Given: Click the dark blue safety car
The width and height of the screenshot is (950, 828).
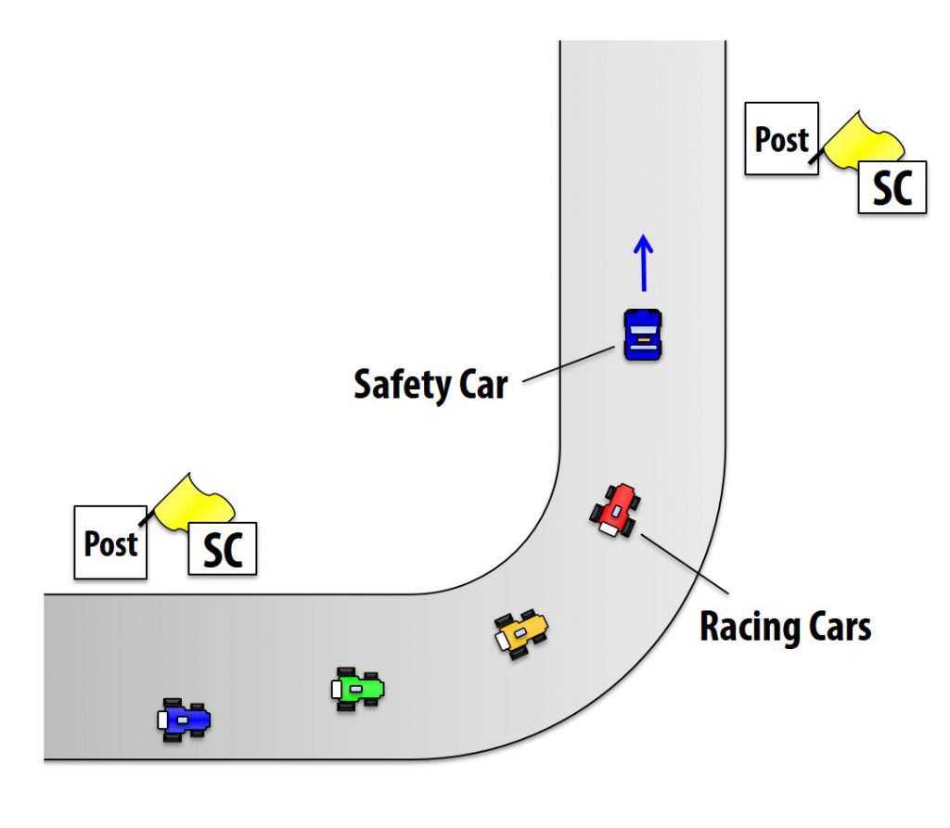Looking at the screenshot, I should point(642,335).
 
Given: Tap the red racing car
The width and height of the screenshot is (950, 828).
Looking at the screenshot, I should point(616,509).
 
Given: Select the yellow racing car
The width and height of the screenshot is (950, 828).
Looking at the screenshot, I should point(520,633).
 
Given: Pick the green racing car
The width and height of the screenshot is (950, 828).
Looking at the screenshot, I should point(358,689).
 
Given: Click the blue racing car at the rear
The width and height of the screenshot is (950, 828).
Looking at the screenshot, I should point(184,720).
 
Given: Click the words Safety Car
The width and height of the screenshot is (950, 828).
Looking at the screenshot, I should point(430,384).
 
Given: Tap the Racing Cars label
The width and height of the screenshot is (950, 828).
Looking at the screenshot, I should point(785,627).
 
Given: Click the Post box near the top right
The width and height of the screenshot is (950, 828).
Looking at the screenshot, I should point(781,140).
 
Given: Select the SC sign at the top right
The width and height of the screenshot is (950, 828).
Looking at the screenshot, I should point(892,187).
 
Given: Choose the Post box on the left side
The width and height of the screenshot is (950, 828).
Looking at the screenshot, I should point(110,543).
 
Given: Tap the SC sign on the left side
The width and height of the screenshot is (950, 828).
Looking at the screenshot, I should point(223,549).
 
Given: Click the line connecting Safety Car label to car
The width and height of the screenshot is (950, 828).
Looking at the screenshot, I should point(568,363).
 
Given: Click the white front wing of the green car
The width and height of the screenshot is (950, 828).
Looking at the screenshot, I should point(336,689).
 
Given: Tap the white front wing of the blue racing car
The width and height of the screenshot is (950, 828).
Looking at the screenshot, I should point(162,720).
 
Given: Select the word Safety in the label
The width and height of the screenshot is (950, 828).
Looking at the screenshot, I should point(401,384).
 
